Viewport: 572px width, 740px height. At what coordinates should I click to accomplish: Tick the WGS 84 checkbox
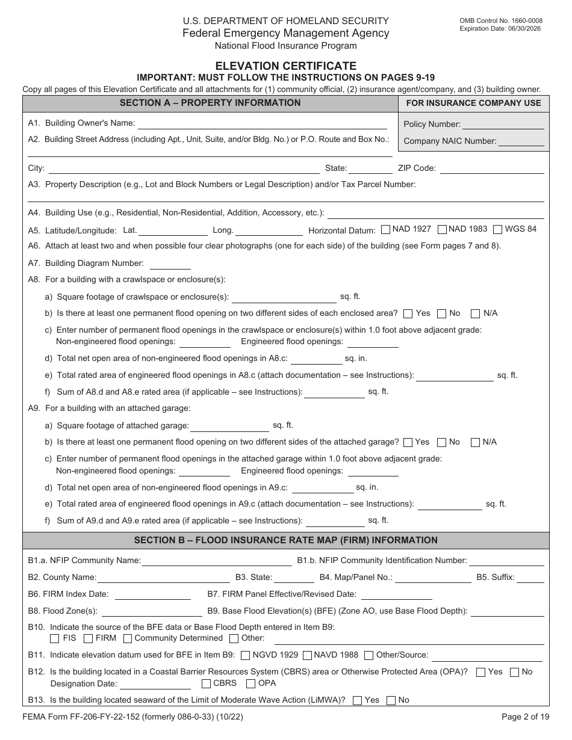point(497,229)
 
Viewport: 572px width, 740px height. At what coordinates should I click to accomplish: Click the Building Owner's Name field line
point(262,124)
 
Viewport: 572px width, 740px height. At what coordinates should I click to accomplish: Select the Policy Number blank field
point(503,125)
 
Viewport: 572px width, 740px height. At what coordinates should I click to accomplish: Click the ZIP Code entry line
point(492,169)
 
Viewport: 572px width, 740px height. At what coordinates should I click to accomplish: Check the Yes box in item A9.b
point(408,442)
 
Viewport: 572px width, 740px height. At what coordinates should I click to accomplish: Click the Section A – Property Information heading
point(210,103)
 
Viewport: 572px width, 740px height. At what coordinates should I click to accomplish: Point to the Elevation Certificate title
point(286,66)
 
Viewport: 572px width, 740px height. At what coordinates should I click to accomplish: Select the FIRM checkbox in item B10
point(88,638)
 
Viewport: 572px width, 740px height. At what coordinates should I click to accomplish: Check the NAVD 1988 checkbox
point(307,655)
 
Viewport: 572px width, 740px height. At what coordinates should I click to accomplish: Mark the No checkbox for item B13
point(391,700)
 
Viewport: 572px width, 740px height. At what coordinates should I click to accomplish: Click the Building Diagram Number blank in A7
point(170,264)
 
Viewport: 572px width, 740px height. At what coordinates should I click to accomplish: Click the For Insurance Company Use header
point(473,103)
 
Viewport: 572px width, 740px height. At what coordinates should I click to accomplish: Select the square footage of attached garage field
point(229,427)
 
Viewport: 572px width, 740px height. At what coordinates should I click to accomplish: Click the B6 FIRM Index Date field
point(152,595)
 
